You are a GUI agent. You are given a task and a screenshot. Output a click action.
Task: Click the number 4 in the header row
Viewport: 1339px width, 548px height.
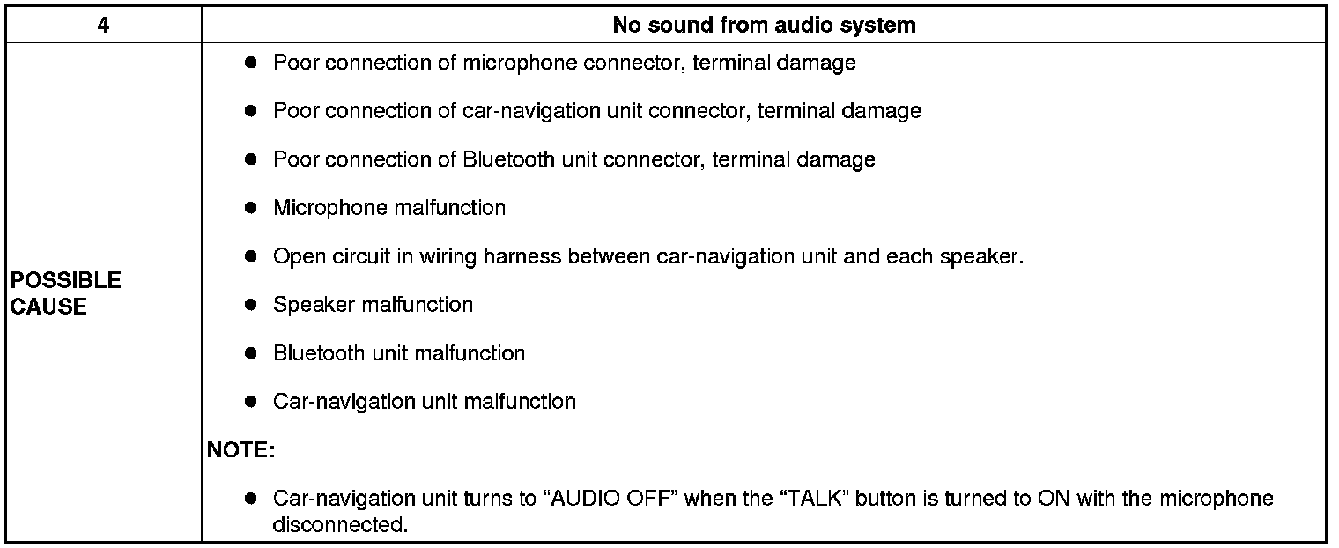click(x=103, y=26)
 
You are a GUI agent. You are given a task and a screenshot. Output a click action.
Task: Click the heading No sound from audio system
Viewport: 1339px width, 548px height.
click(x=764, y=26)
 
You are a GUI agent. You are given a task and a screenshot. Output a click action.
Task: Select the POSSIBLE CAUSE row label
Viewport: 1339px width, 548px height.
click(x=65, y=293)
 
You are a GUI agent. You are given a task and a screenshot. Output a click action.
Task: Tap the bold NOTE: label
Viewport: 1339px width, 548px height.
click(x=240, y=450)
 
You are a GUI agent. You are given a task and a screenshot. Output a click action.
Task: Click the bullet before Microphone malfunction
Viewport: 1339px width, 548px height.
click(x=250, y=208)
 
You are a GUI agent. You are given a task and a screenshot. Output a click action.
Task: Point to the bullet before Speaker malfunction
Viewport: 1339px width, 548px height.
click(x=250, y=305)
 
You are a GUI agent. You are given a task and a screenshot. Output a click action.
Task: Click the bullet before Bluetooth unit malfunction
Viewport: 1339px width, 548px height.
click(x=250, y=353)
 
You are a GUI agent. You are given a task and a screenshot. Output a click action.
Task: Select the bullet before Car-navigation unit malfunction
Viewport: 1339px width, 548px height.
click(x=250, y=402)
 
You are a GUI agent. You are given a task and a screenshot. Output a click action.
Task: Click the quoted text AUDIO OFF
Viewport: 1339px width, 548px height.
click(x=614, y=499)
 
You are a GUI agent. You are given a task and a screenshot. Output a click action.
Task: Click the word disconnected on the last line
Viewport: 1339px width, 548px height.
click(x=339, y=525)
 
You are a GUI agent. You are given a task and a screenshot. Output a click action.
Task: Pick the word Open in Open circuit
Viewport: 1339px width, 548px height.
click(x=294, y=256)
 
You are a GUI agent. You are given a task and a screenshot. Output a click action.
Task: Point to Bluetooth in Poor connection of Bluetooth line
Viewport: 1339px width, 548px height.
click(x=508, y=159)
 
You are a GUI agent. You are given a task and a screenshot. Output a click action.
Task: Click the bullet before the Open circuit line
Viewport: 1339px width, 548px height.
click(x=250, y=256)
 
